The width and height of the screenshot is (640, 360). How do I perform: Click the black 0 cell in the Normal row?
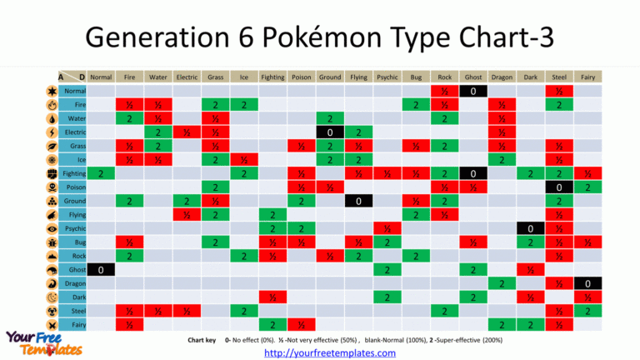pos(472,91)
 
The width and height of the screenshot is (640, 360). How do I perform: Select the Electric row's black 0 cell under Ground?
pos(330,132)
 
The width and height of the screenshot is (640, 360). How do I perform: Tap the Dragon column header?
pos(501,77)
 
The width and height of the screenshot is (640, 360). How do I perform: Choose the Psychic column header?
pos(387,77)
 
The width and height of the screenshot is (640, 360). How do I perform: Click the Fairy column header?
pos(587,77)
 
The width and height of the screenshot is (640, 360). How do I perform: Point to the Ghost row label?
pos(74,269)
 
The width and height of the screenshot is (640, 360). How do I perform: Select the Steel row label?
pos(74,310)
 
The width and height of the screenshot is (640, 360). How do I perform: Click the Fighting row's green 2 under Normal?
pos(101,173)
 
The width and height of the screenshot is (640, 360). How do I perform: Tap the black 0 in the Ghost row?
pos(101,269)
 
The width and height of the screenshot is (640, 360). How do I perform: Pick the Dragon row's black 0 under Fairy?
pos(587,283)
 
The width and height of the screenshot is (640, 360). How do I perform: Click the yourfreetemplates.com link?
pos(330,353)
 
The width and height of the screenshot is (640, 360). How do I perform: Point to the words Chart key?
pos(203,341)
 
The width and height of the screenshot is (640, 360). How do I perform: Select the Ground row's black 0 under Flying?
pos(358,201)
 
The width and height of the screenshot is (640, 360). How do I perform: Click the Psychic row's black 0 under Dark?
pos(529,228)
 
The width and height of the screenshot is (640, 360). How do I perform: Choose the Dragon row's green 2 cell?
pos(501,283)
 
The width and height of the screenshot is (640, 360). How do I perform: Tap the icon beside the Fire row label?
pos(52,105)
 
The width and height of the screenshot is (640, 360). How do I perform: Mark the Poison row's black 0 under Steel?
pos(558,187)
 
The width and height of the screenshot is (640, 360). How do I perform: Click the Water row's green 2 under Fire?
pos(129,118)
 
